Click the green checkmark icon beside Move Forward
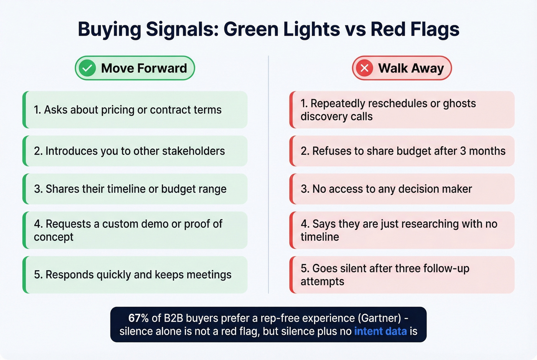tap(87, 68)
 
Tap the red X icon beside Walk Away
tap(364, 68)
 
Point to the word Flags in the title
tap(435, 30)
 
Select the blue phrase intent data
tap(380, 331)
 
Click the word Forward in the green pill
tap(162, 68)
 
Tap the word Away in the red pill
tap(427, 68)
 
